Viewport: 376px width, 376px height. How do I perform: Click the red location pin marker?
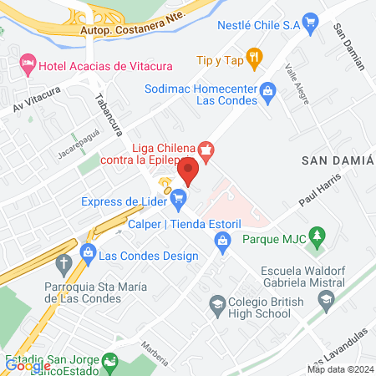(188, 172)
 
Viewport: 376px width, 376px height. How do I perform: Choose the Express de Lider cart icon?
(178, 199)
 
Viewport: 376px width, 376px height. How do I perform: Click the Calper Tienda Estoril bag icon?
(222, 242)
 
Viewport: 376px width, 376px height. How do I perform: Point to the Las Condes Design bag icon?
(87, 252)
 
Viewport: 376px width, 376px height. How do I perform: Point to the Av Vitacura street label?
(36, 99)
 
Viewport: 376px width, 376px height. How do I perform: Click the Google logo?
(28, 365)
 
